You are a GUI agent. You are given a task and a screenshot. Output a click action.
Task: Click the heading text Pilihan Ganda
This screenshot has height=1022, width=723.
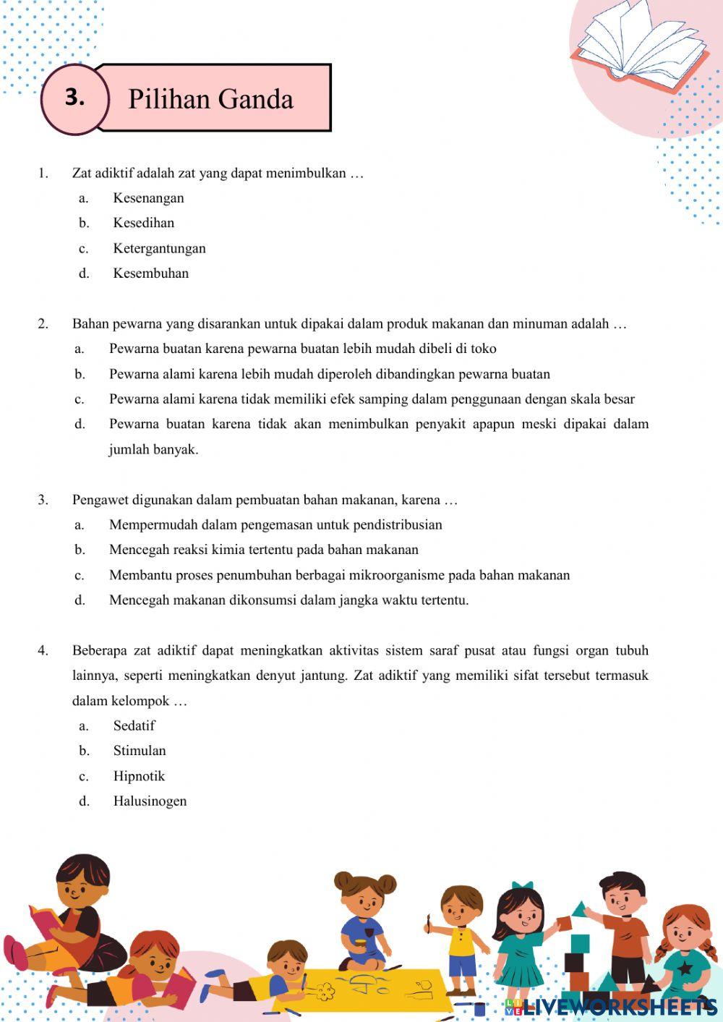210,99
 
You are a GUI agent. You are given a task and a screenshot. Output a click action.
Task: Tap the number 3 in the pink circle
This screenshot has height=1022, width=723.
75,98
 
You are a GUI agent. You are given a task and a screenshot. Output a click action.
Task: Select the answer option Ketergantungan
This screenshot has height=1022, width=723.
159,248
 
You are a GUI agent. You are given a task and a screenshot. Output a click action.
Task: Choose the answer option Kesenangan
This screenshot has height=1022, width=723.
148,198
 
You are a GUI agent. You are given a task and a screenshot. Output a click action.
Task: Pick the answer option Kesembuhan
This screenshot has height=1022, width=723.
150,273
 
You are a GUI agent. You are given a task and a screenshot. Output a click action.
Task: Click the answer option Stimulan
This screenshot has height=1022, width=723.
140,751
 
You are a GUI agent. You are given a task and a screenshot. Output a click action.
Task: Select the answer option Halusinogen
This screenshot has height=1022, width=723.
150,801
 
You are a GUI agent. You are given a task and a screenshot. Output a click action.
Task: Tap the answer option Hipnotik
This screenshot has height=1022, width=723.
139,776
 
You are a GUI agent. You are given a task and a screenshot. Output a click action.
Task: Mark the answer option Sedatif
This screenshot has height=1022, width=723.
134,725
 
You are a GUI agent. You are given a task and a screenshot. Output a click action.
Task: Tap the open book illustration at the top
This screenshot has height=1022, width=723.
640,47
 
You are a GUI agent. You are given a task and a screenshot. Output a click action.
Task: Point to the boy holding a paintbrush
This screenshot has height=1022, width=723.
460,933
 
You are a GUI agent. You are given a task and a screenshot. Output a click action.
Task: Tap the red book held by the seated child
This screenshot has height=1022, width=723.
45,922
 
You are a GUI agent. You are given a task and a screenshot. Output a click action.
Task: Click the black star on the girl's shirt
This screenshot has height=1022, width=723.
683,966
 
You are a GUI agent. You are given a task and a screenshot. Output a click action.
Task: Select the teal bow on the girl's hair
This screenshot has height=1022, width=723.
522,887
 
